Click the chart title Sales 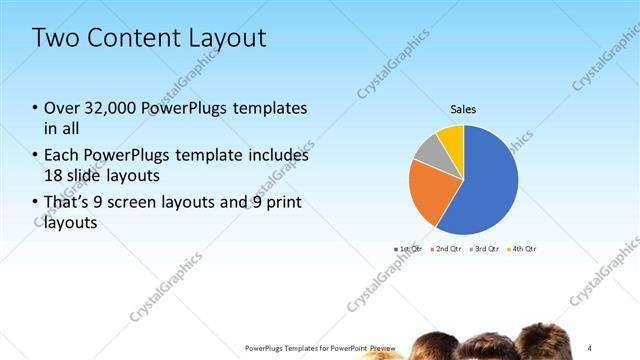coord(463,109)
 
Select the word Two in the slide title coord(54,39)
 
